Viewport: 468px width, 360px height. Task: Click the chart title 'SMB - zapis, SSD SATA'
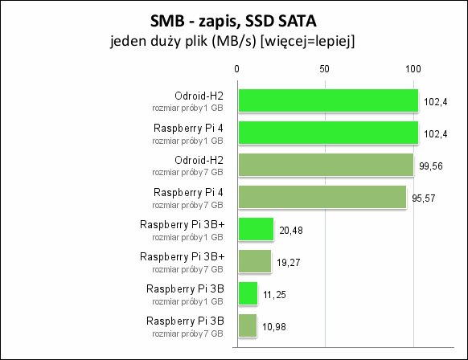(x=233, y=22)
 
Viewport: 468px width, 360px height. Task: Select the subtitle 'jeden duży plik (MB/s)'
(x=183, y=41)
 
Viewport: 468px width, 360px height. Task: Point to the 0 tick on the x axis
(x=236, y=69)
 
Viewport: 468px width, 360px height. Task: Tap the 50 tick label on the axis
(x=324, y=69)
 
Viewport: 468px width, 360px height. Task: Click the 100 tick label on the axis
(x=413, y=69)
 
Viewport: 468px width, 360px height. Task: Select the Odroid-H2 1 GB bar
(x=328, y=100)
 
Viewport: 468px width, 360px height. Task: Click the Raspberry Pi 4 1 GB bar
(x=328, y=133)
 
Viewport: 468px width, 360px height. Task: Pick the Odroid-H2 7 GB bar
(x=326, y=165)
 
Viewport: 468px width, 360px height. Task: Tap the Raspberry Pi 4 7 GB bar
(x=322, y=197)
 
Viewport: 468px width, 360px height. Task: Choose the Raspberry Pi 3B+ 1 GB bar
(x=256, y=229)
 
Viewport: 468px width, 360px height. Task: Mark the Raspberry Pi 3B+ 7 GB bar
(x=255, y=261)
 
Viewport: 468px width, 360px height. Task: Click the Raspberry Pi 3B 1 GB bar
(x=248, y=293)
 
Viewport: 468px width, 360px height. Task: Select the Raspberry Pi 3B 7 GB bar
(x=248, y=325)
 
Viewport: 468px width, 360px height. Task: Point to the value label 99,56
(x=431, y=166)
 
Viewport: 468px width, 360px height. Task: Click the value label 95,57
(x=424, y=198)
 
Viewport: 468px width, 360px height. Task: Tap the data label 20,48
(x=291, y=231)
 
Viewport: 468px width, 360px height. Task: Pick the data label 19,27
(x=289, y=263)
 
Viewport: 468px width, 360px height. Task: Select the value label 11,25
(x=274, y=295)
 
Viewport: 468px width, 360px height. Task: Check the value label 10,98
(x=274, y=327)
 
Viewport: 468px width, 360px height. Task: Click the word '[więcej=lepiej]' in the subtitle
(x=308, y=41)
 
